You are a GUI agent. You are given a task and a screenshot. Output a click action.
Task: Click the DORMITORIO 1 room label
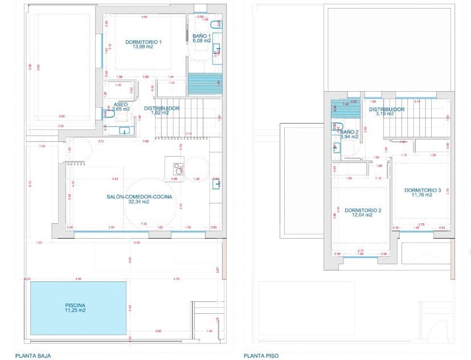tap(144, 42)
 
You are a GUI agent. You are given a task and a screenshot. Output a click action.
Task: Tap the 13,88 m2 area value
tap(144, 47)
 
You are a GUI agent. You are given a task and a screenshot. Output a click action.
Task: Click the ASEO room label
tap(121, 104)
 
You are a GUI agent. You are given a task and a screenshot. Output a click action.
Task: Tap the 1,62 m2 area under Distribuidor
tap(160, 113)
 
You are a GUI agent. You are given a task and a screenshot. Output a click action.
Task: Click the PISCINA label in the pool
tap(77, 306)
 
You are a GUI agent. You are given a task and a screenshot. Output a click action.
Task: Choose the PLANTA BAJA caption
tap(33, 356)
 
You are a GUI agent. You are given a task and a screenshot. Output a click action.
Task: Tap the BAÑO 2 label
tap(349, 132)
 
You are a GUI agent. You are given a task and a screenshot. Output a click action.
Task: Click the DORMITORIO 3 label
tap(423, 190)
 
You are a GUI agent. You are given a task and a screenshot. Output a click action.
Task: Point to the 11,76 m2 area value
tap(423, 195)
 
